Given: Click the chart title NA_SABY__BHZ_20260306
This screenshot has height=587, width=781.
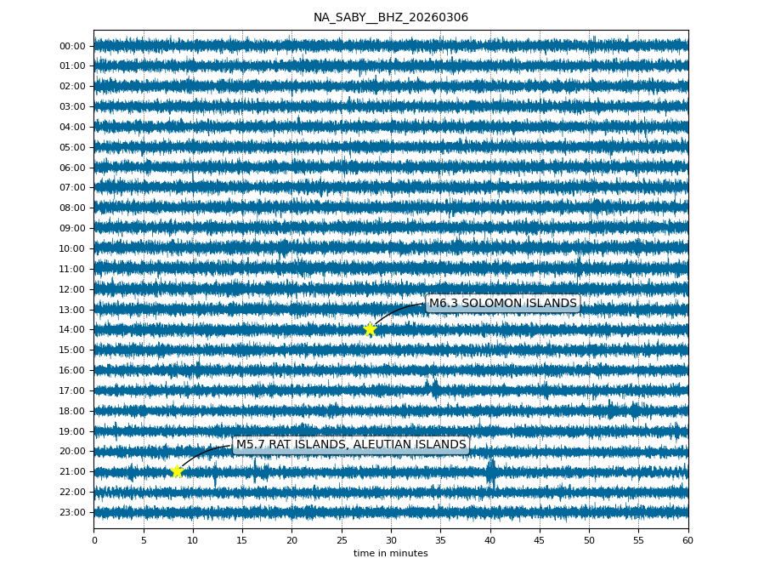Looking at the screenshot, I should (x=390, y=17).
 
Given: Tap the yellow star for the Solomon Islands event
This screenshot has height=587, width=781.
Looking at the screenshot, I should (x=370, y=329).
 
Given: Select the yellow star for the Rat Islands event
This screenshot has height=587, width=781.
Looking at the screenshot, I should (x=177, y=471).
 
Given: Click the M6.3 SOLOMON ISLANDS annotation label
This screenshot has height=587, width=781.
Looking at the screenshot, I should (x=502, y=304).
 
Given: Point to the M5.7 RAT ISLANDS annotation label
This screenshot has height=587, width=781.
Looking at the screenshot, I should (x=350, y=445).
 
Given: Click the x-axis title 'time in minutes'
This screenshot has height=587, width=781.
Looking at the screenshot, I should (x=390, y=554).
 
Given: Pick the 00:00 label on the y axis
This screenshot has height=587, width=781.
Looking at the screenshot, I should (x=72, y=46).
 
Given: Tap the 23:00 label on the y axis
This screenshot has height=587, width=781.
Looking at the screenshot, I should (x=72, y=512).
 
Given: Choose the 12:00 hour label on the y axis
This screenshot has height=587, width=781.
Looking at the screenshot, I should (x=72, y=289).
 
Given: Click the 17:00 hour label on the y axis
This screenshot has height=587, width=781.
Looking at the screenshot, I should (x=72, y=390).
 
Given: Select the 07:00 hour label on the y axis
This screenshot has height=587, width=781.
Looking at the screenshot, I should (x=72, y=188).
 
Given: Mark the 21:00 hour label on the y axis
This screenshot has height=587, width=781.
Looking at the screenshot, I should (x=72, y=471).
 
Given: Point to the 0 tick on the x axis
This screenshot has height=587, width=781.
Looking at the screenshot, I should (x=94, y=540).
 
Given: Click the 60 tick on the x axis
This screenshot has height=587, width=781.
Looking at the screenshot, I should (x=688, y=540).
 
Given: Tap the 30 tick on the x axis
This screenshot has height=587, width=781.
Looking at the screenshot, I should (x=391, y=540).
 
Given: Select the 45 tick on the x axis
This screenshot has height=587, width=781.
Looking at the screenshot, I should (x=540, y=540).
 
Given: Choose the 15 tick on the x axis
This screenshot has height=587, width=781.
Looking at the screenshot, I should (x=242, y=540).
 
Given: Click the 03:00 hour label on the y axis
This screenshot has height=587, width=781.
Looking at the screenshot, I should (x=72, y=106).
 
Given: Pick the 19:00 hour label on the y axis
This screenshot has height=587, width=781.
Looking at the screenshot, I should (x=72, y=431).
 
